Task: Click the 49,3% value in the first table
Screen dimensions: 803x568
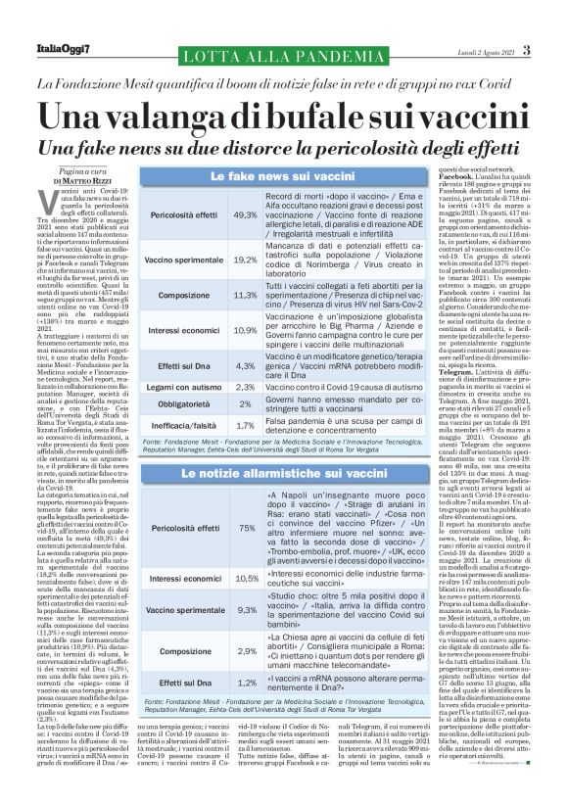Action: click(245, 213)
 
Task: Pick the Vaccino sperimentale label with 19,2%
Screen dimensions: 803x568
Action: click(183, 260)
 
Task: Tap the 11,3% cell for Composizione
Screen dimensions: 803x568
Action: click(245, 295)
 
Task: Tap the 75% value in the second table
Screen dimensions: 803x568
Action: click(247, 528)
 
